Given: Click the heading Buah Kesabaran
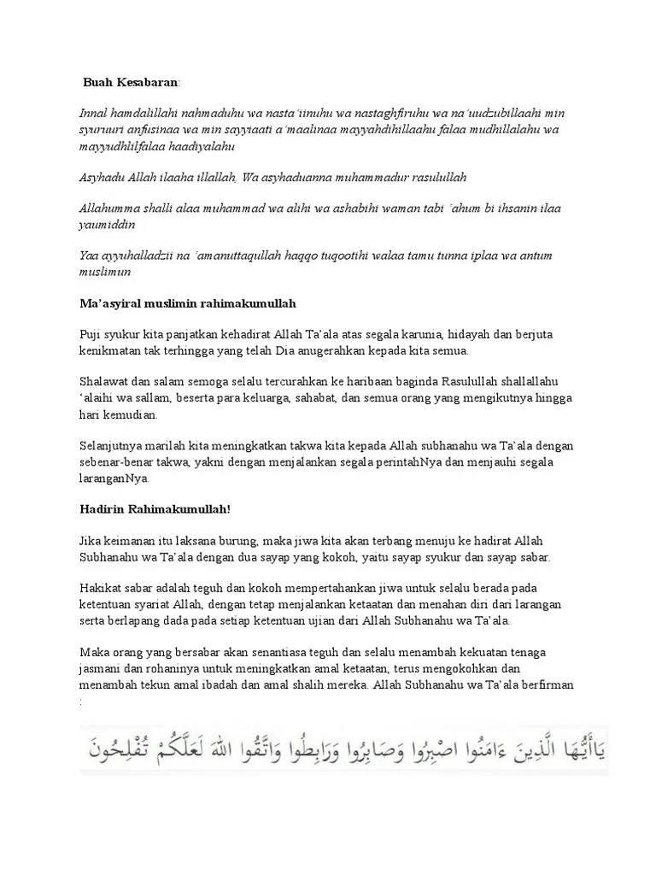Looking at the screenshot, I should (x=131, y=83).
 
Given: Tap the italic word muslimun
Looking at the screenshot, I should (x=105, y=272).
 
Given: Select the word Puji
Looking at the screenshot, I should (x=91, y=335).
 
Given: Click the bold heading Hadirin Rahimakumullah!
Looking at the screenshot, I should (x=155, y=509).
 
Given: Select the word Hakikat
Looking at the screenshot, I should (x=100, y=589).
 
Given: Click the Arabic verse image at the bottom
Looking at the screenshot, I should (x=343, y=749).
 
